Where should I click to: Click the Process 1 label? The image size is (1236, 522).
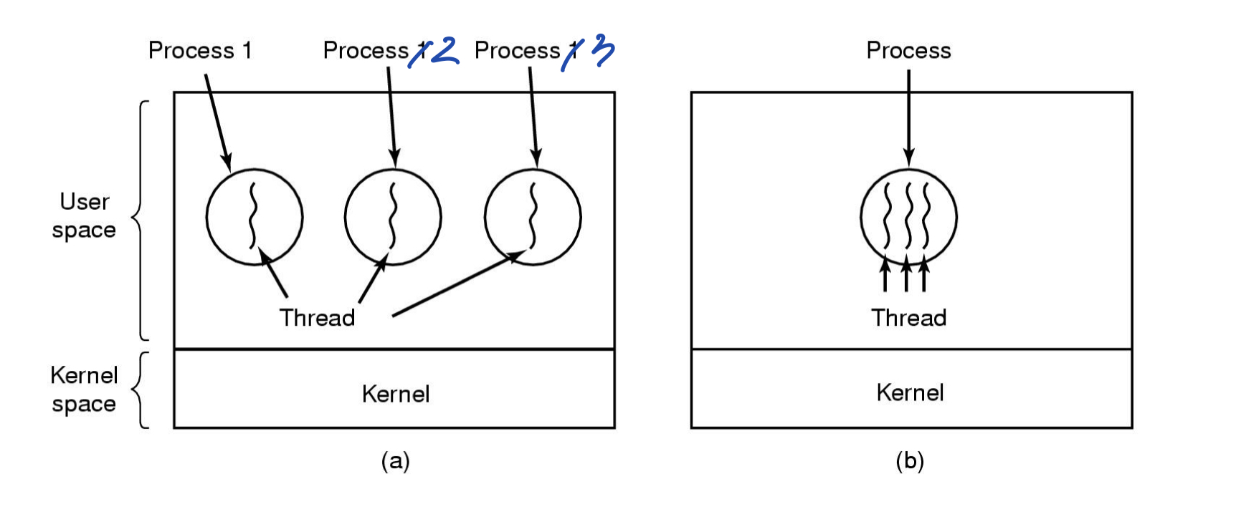[x=200, y=51]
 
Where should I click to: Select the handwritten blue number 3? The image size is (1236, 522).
[x=604, y=52]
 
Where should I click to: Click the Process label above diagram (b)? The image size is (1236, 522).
[x=908, y=51]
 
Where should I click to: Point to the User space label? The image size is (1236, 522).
[x=85, y=216]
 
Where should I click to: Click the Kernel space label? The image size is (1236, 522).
[x=84, y=390]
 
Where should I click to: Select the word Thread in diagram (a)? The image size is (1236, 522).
[x=317, y=317]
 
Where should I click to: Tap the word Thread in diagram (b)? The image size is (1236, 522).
[x=908, y=317]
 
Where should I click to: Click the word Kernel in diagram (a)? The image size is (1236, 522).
[x=395, y=394]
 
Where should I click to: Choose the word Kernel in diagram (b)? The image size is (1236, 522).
[x=910, y=392]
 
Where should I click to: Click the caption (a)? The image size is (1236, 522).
[x=395, y=460]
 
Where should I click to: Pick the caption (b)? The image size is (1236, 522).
[x=909, y=460]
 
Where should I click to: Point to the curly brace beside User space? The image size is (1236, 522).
[x=141, y=220]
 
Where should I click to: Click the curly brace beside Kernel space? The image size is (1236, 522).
[x=141, y=390]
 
